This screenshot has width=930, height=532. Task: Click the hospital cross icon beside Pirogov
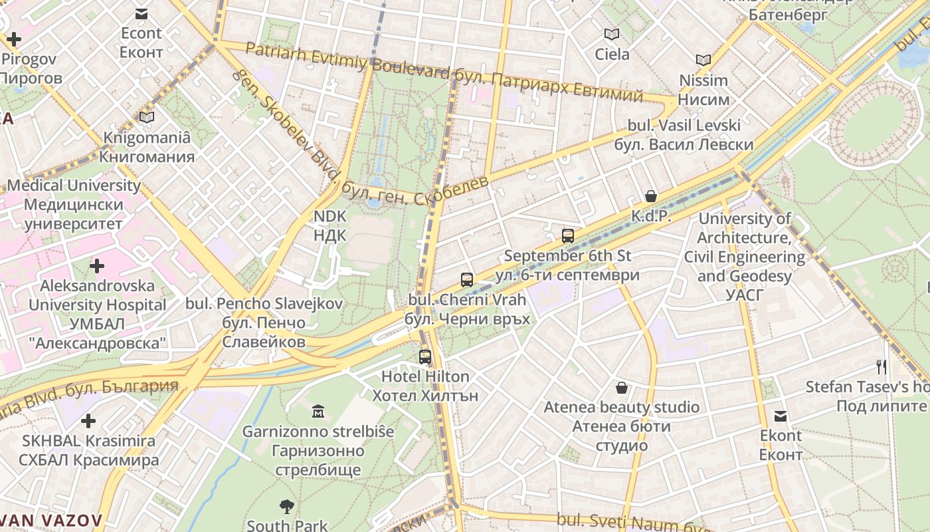click(13, 39)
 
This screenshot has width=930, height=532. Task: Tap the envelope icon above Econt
click(141, 13)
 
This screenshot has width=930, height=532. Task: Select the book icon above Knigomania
click(147, 118)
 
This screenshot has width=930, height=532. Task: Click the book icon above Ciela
click(612, 34)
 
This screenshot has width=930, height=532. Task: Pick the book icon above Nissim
click(703, 60)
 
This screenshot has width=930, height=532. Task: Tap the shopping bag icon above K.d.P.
click(651, 196)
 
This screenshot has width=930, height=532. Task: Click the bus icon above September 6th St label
click(568, 235)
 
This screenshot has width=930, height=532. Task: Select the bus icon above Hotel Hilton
click(425, 357)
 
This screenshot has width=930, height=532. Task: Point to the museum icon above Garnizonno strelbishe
click(318, 412)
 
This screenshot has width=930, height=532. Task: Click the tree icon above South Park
click(287, 507)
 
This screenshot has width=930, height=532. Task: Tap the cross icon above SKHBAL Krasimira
click(88, 421)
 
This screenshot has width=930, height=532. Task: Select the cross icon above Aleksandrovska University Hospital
click(97, 267)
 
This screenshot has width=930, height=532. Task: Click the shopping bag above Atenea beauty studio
click(622, 387)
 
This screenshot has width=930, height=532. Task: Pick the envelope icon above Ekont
click(781, 416)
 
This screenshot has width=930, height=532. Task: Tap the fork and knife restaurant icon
click(882, 366)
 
